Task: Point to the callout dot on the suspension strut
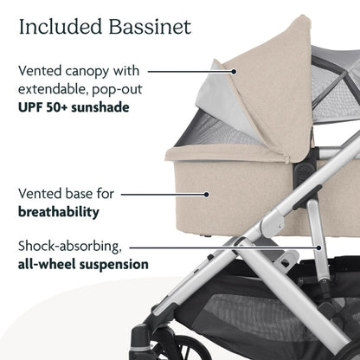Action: click(320, 246)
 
